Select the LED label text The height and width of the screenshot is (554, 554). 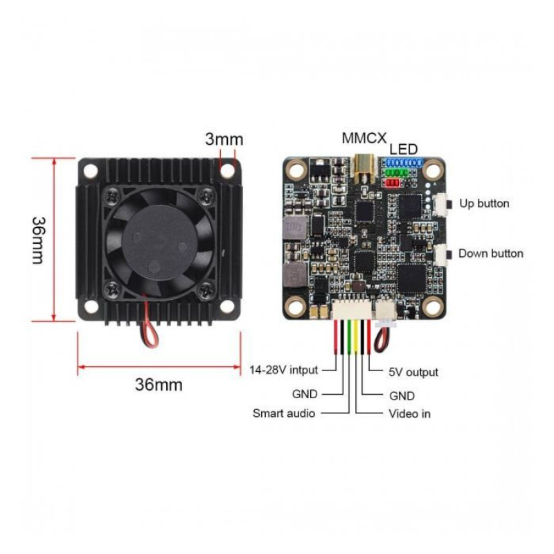point(404,149)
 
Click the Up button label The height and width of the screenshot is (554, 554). point(484,204)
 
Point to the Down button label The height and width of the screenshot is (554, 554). point(490,253)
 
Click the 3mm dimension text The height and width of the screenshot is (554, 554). point(224,139)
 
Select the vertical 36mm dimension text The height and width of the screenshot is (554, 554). point(39,240)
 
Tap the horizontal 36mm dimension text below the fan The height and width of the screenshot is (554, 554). point(159,385)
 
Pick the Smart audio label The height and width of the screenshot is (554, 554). point(284,414)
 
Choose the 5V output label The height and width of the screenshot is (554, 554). point(413,373)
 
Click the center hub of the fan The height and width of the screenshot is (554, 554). point(158,238)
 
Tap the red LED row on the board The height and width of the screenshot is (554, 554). point(392,183)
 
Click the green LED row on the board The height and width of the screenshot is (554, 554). point(397,172)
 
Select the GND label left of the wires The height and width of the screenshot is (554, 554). point(304,395)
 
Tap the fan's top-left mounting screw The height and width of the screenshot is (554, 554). point(112,196)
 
